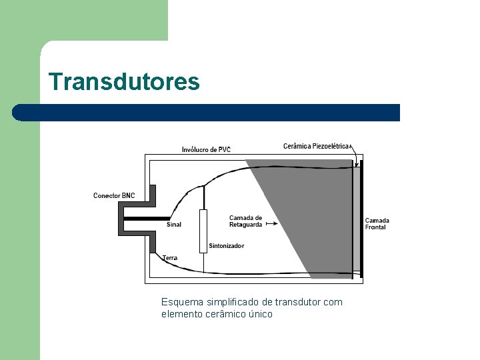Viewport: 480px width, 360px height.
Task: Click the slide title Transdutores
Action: (x=124, y=82)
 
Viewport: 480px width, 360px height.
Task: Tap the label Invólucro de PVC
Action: (x=206, y=149)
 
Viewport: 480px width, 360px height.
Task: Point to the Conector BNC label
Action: (x=114, y=195)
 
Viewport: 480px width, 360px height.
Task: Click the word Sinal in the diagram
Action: (x=173, y=225)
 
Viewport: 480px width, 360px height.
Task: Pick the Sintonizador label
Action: (x=226, y=246)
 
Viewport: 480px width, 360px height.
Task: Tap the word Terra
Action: (x=170, y=257)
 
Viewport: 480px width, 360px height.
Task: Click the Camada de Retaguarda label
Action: (x=245, y=221)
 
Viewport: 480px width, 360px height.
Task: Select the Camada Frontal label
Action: (x=377, y=224)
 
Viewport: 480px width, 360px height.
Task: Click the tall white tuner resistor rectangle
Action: (x=203, y=231)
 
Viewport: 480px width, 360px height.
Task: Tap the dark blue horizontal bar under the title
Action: (x=207, y=113)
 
